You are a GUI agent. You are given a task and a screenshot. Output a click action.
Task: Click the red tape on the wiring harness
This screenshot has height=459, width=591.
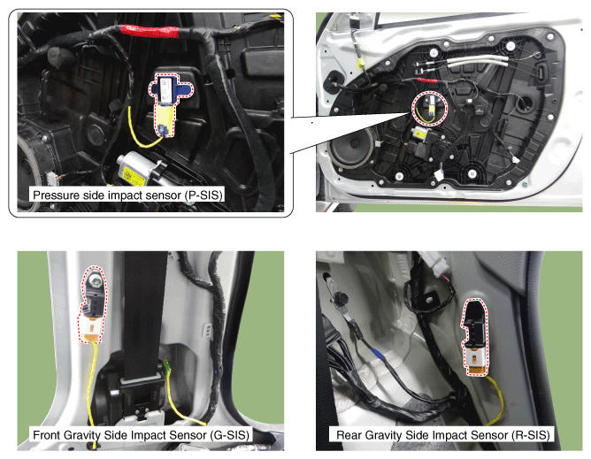(150, 31)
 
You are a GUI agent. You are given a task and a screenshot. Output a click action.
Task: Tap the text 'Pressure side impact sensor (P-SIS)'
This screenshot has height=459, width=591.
(127, 195)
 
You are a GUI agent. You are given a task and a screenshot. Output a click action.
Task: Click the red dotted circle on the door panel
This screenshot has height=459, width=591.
(429, 109)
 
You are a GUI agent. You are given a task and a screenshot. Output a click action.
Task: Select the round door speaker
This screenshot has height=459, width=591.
(351, 148)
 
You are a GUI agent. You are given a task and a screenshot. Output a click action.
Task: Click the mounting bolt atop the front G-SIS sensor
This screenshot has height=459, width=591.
(93, 280)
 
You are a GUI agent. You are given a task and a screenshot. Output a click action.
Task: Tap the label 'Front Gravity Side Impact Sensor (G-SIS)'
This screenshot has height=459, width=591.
(141, 435)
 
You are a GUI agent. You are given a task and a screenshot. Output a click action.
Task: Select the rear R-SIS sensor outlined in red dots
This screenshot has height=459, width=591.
(475, 337)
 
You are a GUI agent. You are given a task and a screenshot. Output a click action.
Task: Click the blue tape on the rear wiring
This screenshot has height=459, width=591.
(377, 354)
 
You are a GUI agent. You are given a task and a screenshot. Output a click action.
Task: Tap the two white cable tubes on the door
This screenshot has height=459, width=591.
(478, 61)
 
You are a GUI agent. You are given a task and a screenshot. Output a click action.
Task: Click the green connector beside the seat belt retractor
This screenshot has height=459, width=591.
(166, 367)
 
